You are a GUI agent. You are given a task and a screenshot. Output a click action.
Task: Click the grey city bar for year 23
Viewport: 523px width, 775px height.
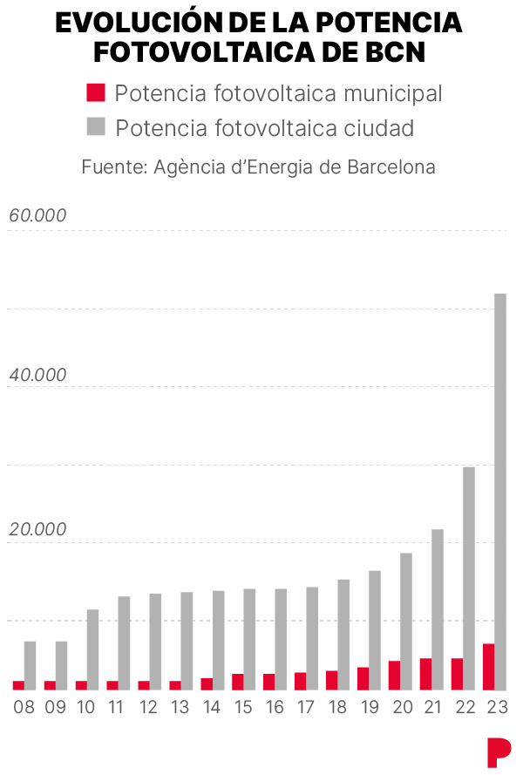[x=500, y=492]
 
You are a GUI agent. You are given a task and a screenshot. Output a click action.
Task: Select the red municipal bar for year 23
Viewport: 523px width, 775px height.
[x=488, y=667]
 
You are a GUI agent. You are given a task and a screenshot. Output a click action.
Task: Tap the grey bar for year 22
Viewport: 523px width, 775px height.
[x=469, y=578]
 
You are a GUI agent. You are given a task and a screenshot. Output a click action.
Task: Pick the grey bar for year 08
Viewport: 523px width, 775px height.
[x=31, y=665]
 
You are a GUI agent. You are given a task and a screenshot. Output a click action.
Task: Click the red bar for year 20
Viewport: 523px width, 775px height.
[x=395, y=675]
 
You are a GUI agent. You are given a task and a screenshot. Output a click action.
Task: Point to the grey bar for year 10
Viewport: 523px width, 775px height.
[x=93, y=649]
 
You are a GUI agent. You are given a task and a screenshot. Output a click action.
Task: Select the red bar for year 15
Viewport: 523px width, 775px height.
[x=238, y=682]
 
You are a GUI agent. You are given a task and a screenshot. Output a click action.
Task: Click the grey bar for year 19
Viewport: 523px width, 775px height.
[x=375, y=630]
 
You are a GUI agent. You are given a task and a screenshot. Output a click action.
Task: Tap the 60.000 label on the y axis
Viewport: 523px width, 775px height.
[x=37, y=215]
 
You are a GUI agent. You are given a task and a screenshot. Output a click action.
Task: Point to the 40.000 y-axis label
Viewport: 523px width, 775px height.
[x=37, y=375]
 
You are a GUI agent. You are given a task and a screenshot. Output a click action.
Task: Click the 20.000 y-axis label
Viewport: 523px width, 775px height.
[x=37, y=529]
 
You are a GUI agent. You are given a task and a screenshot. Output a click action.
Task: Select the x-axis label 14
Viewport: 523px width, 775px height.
[x=211, y=707]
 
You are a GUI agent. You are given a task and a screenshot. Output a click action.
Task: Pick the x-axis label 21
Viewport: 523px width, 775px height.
[x=432, y=707]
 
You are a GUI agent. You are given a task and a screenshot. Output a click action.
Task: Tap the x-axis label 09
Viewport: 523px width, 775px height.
[x=55, y=707]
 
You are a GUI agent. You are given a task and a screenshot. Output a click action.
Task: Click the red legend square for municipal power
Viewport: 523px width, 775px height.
[x=96, y=92]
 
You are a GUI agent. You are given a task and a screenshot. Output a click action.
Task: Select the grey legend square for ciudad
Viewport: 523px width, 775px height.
[x=96, y=126]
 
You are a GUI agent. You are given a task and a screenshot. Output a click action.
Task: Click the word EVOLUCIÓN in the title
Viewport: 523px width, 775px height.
[x=139, y=23]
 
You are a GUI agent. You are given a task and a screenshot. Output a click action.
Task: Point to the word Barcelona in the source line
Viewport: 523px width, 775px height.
[x=391, y=167]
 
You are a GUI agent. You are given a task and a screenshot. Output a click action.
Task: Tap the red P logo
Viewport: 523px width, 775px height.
[x=499, y=752]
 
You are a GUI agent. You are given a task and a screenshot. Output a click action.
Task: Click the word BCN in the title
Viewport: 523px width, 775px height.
[x=395, y=52]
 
